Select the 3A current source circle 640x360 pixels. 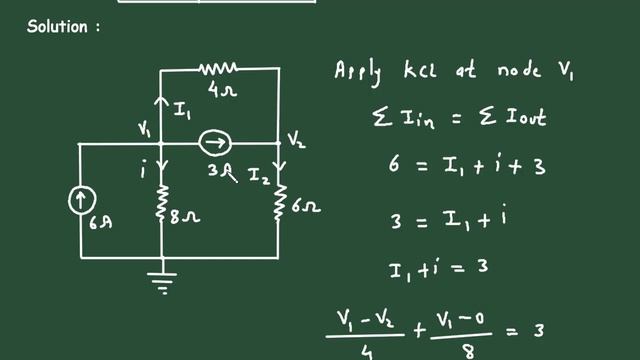[x=213, y=144]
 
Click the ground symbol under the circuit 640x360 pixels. [x=161, y=283]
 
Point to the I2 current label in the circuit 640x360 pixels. [x=258, y=176]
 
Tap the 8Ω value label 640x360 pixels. [x=188, y=214]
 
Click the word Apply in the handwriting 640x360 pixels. [x=361, y=72]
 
